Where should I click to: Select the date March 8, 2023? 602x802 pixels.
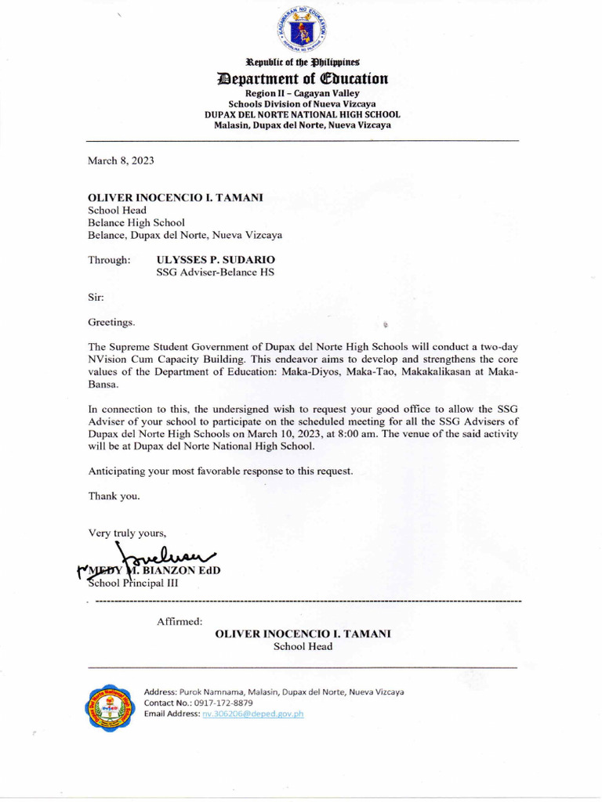click(x=121, y=161)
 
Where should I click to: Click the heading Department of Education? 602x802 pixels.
click(x=302, y=79)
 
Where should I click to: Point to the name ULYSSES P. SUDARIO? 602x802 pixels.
click(x=216, y=259)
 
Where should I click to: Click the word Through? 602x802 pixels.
click(x=109, y=259)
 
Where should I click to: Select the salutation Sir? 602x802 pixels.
click(x=95, y=297)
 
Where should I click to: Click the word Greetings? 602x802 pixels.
click(x=111, y=322)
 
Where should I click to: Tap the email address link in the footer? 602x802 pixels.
click(x=252, y=714)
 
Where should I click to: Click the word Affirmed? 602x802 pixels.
click(x=180, y=621)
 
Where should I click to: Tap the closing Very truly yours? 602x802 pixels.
click(x=127, y=533)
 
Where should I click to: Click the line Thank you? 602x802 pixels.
click(x=114, y=497)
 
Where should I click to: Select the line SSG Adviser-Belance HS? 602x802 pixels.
click(x=216, y=273)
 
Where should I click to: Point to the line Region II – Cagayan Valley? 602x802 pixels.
click(x=302, y=93)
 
